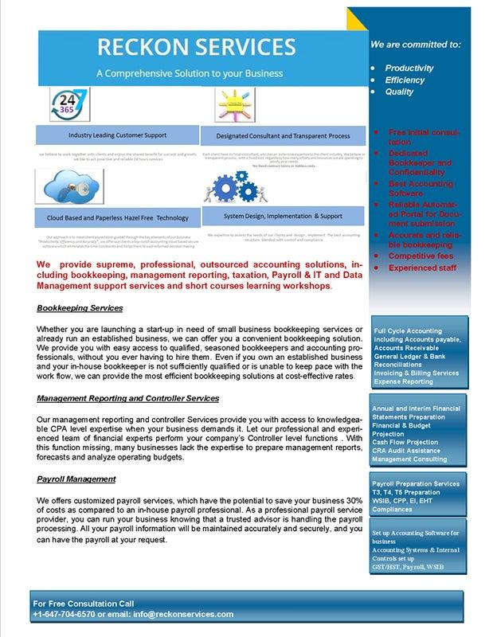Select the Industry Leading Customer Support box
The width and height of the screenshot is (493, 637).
click(x=117, y=135)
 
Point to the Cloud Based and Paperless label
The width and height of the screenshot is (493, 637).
click(x=117, y=217)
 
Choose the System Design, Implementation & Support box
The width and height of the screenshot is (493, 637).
click(x=283, y=215)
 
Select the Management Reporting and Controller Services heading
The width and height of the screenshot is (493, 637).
click(x=127, y=397)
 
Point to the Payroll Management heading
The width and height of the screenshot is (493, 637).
click(x=76, y=479)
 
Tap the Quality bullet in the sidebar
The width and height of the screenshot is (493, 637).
click(x=399, y=92)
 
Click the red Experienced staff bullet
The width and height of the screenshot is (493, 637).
click(x=422, y=268)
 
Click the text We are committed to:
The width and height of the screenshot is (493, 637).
click(x=415, y=45)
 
